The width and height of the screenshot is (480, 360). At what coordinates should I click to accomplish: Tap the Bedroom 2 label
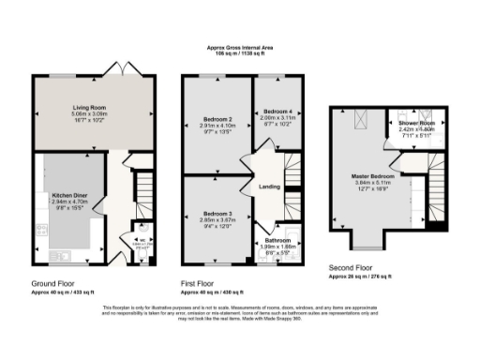(217, 119)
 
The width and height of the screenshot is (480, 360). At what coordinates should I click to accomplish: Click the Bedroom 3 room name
(217, 214)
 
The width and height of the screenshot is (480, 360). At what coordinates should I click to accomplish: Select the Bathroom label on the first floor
(277, 240)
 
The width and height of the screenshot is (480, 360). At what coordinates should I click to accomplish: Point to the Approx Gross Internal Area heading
(239, 49)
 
